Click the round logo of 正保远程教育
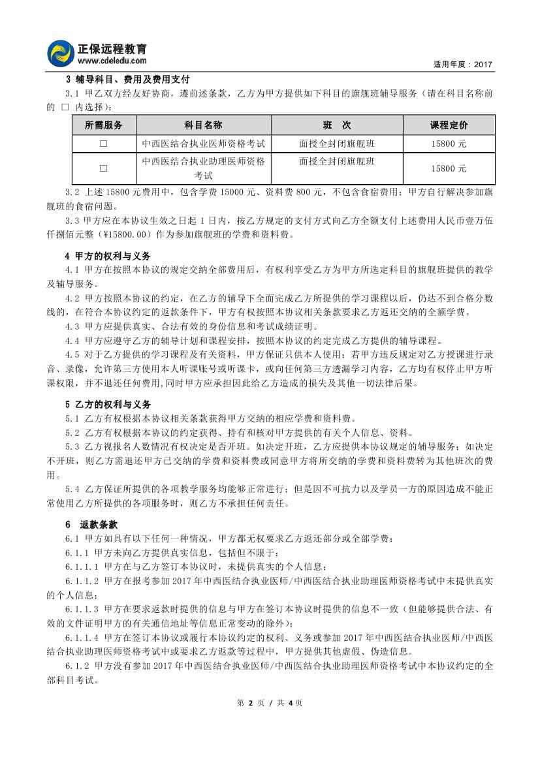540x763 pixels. (x=61, y=53)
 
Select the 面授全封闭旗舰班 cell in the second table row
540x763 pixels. (x=336, y=161)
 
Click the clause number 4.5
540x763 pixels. (x=72, y=354)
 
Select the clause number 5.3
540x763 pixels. (x=72, y=446)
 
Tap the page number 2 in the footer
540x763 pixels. (x=250, y=703)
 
